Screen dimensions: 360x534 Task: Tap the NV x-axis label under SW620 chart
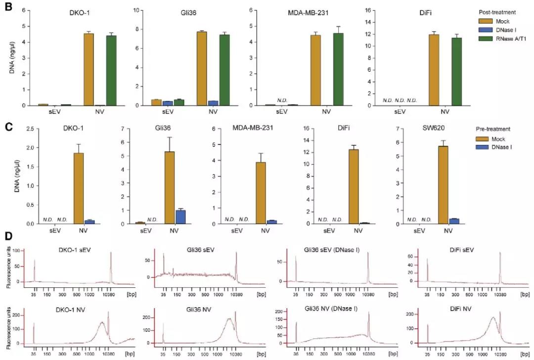click(448, 231)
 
